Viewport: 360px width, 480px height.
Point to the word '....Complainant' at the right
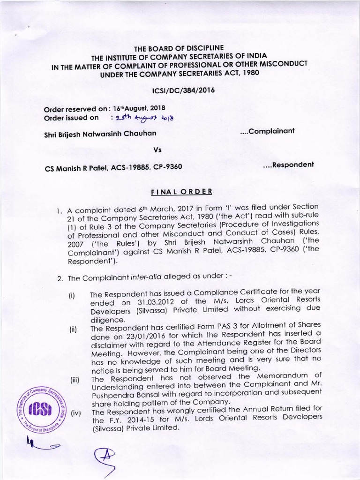click(267, 131)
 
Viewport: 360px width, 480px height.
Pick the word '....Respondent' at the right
click(286, 165)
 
